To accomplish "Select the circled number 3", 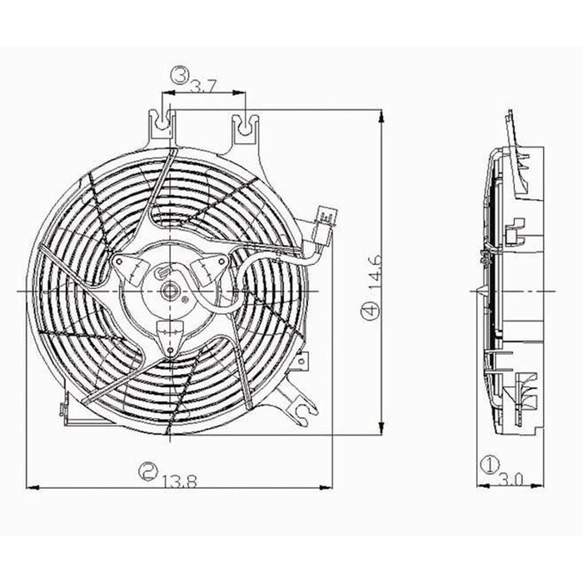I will [178, 77].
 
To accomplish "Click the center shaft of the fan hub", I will [169, 290].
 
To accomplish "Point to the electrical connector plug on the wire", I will [326, 223].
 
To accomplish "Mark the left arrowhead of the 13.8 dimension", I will [30, 485].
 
